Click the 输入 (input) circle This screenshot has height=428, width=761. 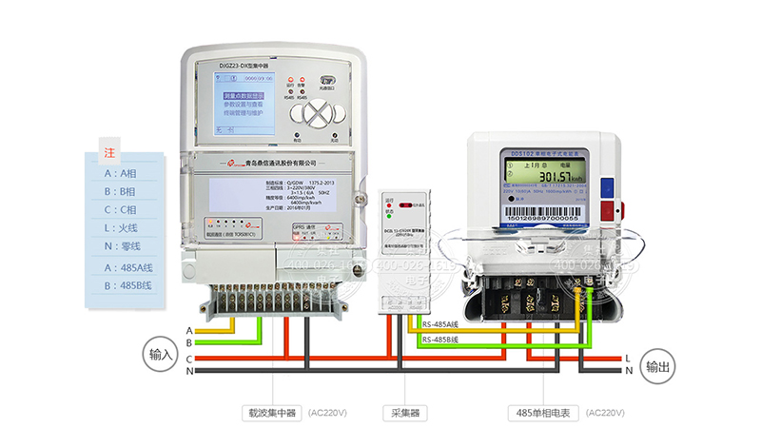[x=158, y=354]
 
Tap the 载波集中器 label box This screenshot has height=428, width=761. [x=266, y=414]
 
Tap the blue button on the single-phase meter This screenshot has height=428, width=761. [x=605, y=187]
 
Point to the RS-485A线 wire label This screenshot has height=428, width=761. [x=440, y=326]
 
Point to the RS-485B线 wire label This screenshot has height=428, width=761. [x=440, y=339]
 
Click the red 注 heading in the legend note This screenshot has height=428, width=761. [x=108, y=152]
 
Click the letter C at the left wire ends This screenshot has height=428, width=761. [x=189, y=358]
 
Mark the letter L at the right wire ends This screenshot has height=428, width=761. [x=629, y=358]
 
